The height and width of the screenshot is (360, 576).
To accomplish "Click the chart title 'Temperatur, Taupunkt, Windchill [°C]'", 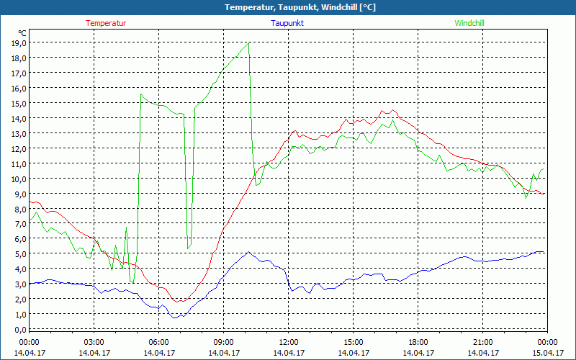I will coord(288,7).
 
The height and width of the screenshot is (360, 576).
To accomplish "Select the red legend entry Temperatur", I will coord(106,23).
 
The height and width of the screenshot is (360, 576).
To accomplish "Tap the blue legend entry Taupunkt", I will coord(287,23).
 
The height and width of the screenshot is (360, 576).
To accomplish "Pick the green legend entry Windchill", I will coord(469,23).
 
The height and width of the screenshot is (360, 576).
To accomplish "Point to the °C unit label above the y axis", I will coord(22,33).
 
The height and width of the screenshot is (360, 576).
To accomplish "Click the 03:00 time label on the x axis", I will coord(94,342).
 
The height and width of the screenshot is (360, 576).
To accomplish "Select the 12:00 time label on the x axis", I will coord(288,342).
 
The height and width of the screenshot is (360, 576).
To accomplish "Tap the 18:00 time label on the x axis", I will coord(418,342).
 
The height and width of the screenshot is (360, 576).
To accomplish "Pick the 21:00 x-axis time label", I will coord(482,342).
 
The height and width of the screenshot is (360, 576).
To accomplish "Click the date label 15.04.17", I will coord(547,353).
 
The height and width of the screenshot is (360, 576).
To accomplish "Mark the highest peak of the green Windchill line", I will coord(248,42).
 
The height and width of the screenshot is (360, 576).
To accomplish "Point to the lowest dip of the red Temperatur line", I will coord(179,302).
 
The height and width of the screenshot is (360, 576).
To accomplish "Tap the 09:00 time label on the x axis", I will coord(223,342).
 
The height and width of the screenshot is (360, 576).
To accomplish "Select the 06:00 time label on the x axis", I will coord(158,342).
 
